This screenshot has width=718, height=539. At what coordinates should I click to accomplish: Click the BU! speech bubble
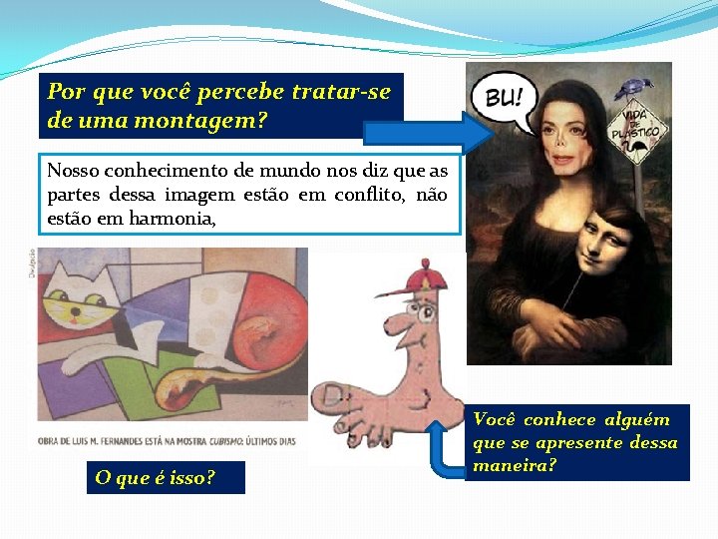click(x=508, y=101)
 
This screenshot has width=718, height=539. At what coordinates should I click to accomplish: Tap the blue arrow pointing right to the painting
click(x=419, y=132)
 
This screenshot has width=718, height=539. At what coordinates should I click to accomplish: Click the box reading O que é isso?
click(x=155, y=477)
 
